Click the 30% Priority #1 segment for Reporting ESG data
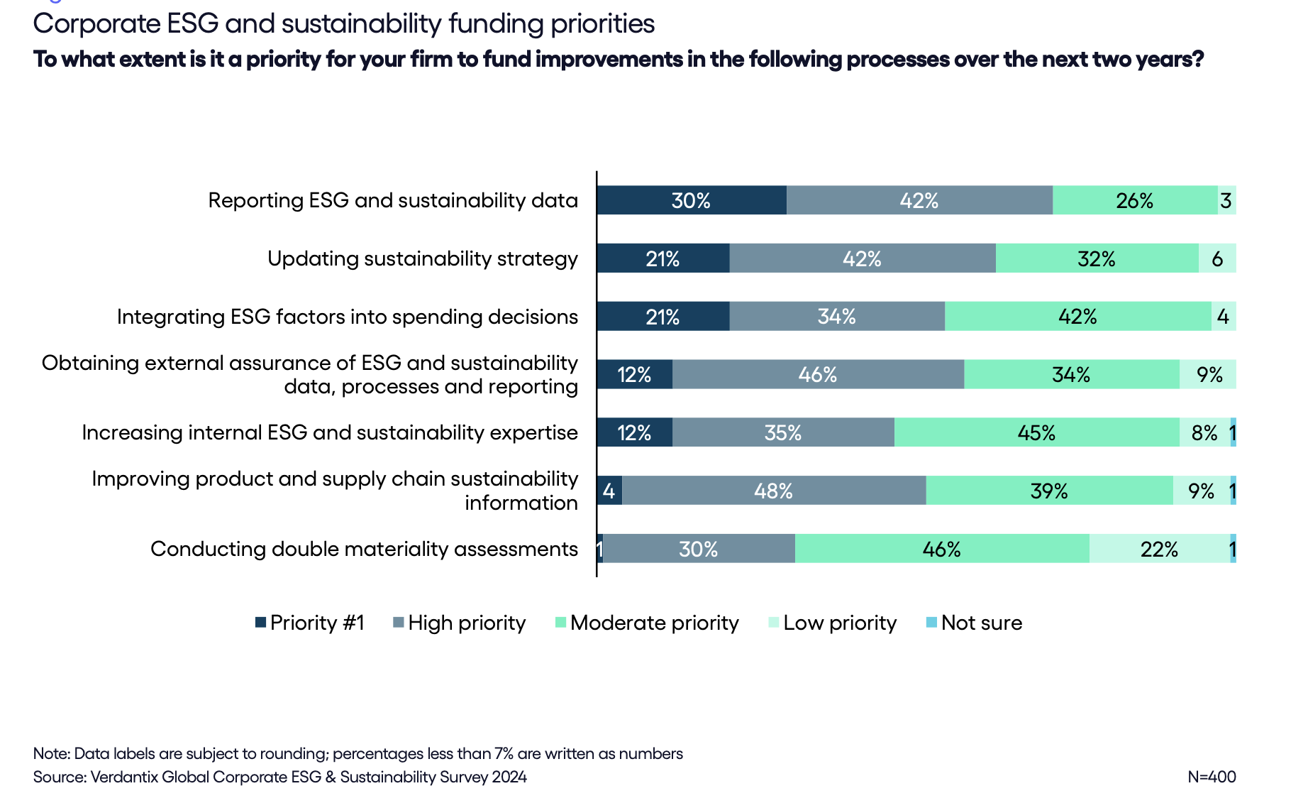[692, 200]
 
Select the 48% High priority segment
[774, 491]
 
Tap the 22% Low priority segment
[1159, 549]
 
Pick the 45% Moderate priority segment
[1036, 432]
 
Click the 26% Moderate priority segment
[1134, 200]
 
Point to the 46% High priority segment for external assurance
[818, 374]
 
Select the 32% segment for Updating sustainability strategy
[1097, 258]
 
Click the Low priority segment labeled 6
[1217, 258]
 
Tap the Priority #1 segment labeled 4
[609, 491]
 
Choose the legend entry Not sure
[981, 623]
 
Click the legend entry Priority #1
[316, 623]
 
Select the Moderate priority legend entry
[653, 623]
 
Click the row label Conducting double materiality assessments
[364, 549]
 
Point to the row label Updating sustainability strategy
[422, 258]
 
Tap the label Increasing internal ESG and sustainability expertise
[330, 432]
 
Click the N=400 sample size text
[1212, 777]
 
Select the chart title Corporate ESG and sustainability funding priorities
[343, 24]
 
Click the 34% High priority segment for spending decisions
[837, 316]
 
